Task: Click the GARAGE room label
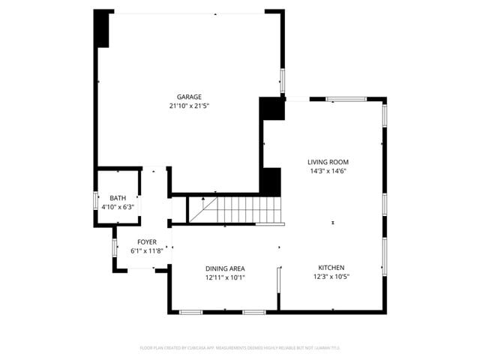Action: (189, 97)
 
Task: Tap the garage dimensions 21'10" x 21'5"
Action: (189, 106)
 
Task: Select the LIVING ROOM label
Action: (328, 162)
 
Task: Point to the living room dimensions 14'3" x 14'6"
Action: (328, 171)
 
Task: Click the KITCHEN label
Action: (331, 268)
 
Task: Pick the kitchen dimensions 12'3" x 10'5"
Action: (331, 277)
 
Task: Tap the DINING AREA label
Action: (225, 268)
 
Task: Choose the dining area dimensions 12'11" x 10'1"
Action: (225, 277)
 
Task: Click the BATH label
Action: (118, 198)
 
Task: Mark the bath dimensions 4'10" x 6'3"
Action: (118, 207)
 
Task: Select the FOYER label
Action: (146, 242)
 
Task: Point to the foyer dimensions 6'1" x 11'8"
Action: (146, 251)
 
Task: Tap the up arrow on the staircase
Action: (203, 199)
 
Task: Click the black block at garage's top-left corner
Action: (101, 28)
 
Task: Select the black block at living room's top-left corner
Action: (272, 109)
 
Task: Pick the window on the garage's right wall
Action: (283, 79)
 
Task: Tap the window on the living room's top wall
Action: (346, 98)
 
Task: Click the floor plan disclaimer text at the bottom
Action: (240, 347)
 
